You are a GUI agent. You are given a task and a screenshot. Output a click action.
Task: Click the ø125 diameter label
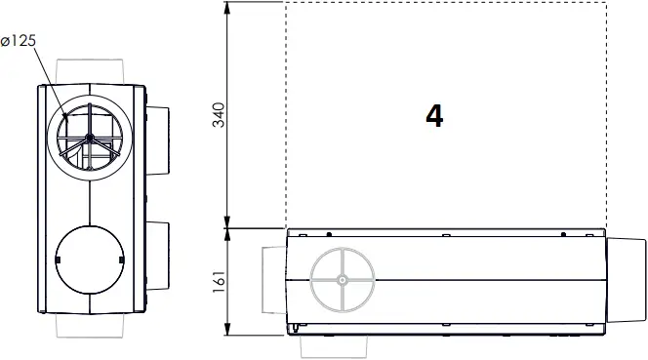[x=19, y=42]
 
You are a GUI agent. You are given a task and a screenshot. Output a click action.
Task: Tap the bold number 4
[x=434, y=116]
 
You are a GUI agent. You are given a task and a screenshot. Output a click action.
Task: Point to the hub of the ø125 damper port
[x=89, y=140]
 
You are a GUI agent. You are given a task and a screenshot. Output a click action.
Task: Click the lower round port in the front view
[x=89, y=260]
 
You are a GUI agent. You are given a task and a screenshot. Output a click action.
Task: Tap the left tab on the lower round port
[x=58, y=260]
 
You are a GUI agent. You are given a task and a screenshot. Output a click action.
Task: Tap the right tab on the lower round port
[x=121, y=260]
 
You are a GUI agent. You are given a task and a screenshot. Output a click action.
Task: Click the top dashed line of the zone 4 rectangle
[x=445, y=3]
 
